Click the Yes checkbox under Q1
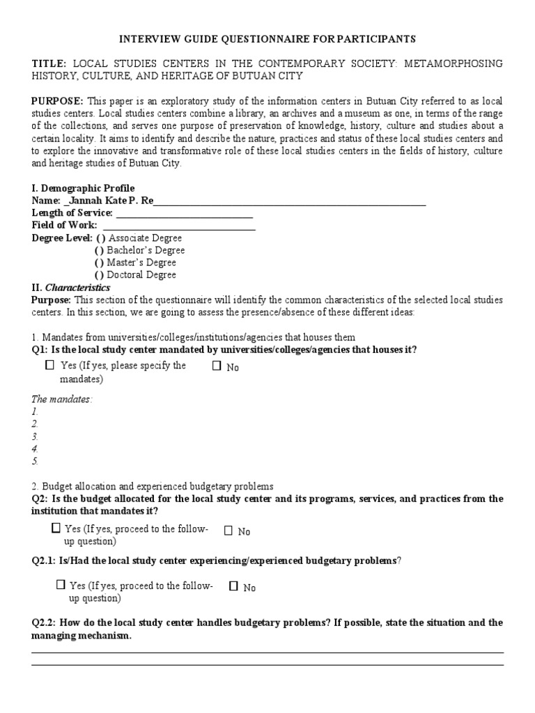[49, 365]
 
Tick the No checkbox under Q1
[217, 366]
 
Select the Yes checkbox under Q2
[56, 528]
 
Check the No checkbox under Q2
[228, 531]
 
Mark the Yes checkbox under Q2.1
[61, 585]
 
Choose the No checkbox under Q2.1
[234, 586]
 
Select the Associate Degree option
[100, 238]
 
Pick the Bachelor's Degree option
[100, 251]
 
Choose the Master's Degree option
[100, 263]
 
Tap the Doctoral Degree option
[100, 275]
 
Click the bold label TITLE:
[49, 63]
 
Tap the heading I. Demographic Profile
[83, 189]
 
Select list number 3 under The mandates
[35, 436]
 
